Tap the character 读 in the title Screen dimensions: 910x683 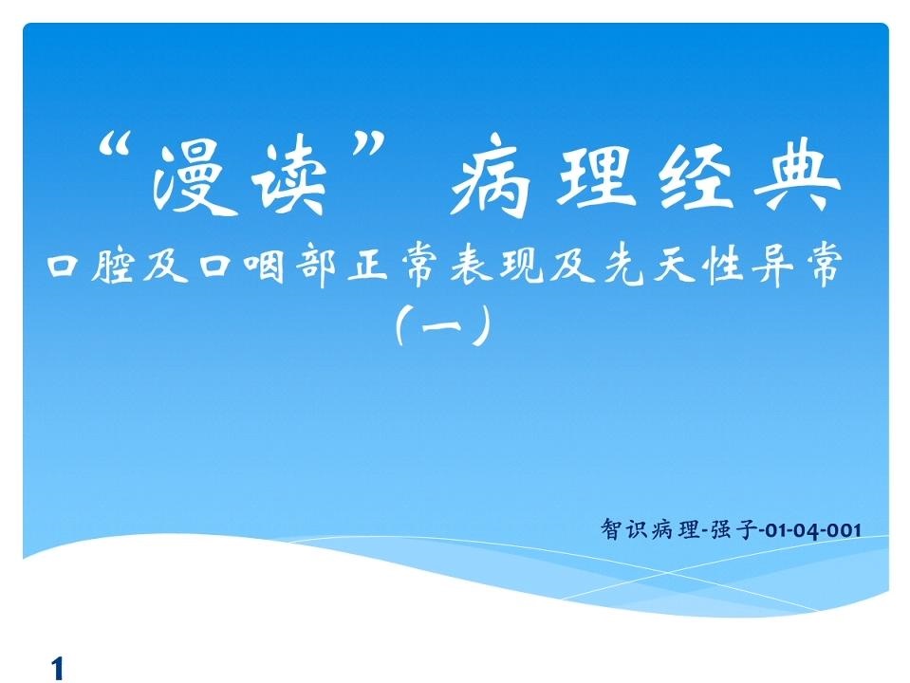coord(290,177)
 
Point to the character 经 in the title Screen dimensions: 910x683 coord(696,175)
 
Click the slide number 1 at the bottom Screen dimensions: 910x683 coord(57,668)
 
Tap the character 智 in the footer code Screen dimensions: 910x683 coord(610,529)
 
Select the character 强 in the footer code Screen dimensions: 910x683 coord(721,529)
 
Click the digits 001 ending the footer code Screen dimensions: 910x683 coord(844,530)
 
